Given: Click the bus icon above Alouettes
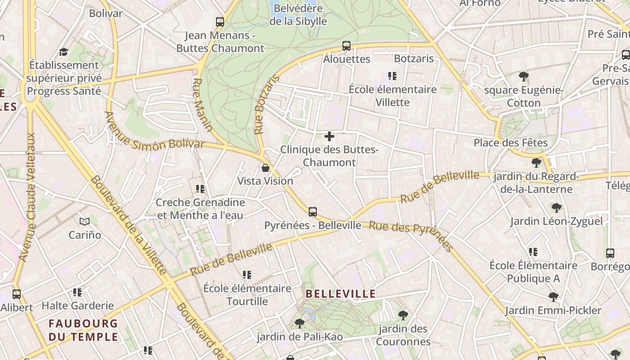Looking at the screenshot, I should point(346,45).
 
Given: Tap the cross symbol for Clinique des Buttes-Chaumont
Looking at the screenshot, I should point(329,136).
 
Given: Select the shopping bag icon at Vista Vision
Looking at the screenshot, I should point(265,168).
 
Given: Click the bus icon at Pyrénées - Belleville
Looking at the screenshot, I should point(313,211).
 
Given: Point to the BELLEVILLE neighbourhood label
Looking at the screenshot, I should point(341,294).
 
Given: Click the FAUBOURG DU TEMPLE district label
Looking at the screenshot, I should point(83,330).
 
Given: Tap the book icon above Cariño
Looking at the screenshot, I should point(85,221).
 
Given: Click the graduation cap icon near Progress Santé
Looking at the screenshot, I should point(63,52).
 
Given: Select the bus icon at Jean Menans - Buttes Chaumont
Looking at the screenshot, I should point(220,22).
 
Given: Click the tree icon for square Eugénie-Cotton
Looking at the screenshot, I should point(523,76).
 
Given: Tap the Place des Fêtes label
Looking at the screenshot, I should point(510,143).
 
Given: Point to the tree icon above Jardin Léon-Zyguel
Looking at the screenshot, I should point(557,207).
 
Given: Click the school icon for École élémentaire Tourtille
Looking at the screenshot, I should point(247,274).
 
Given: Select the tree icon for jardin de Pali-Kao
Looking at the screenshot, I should point(299,323).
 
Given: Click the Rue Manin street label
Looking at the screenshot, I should point(202,105).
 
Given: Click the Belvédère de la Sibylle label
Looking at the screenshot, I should point(298,14).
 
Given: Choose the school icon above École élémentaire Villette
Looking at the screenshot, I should point(392,76).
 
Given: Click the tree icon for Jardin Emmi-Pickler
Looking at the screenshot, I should point(553,297).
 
